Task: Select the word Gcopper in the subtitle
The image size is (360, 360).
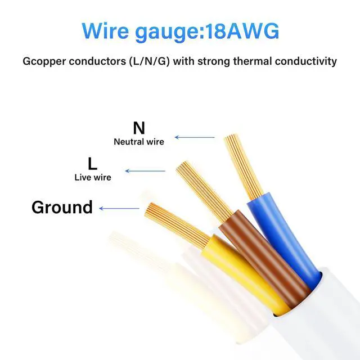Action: [45, 61]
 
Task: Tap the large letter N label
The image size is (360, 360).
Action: [138, 128]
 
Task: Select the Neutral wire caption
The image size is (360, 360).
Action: [139, 142]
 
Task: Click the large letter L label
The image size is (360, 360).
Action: [93, 164]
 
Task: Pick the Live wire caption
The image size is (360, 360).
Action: [93, 177]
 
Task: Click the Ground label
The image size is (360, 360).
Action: [62, 207]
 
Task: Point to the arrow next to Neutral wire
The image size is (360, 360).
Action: [195, 137]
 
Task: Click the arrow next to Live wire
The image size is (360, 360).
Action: [145, 171]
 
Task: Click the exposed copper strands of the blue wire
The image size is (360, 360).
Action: [242, 164]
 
